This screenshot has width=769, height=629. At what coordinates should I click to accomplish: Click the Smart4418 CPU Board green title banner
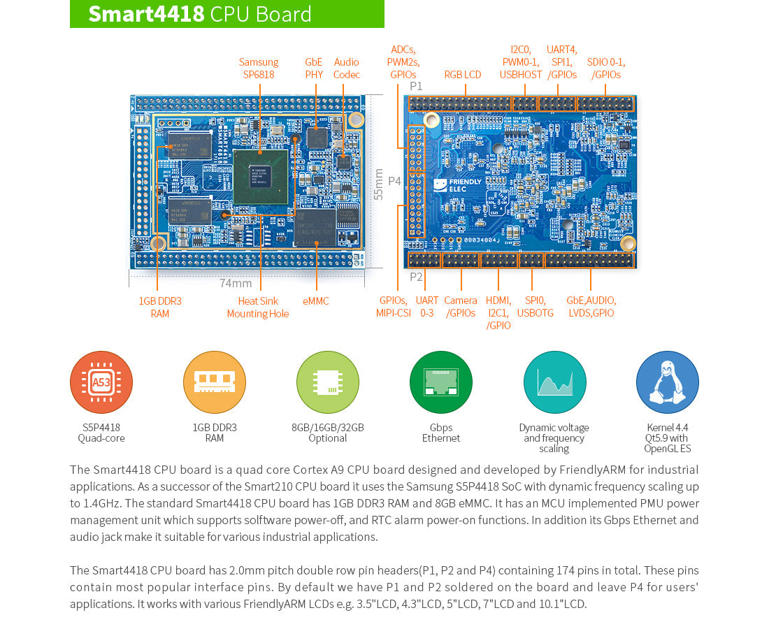(x=227, y=14)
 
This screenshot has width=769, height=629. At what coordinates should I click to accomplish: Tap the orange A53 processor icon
(x=101, y=382)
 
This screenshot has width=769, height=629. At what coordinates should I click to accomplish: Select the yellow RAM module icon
(x=215, y=382)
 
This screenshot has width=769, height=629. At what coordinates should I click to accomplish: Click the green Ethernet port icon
(x=441, y=382)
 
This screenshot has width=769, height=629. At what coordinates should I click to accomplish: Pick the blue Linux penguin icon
(x=667, y=382)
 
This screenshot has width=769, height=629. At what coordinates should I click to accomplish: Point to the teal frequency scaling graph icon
(x=554, y=382)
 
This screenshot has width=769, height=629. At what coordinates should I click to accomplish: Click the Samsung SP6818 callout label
(x=259, y=68)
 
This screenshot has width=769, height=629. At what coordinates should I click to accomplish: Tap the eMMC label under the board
(x=316, y=301)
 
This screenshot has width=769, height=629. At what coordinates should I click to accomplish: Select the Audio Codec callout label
(x=347, y=68)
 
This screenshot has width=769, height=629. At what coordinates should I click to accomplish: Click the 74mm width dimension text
(x=236, y=283)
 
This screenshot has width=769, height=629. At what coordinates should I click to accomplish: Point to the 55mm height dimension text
(x=379, y=184)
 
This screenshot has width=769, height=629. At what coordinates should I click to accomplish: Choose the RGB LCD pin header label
(x=463, y=75)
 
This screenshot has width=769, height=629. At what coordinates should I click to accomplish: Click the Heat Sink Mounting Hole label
(x=258, y=308)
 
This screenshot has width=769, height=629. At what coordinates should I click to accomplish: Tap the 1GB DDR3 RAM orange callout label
(x=160, y=308)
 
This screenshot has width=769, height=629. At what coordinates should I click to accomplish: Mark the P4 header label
(x=394, y=181)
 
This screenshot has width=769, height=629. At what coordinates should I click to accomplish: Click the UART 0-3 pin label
(x=426, y=307)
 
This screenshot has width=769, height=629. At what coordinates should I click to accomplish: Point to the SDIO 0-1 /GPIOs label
(x=606, y=68)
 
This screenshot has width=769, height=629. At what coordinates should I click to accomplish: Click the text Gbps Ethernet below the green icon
(x=441, y=433)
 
